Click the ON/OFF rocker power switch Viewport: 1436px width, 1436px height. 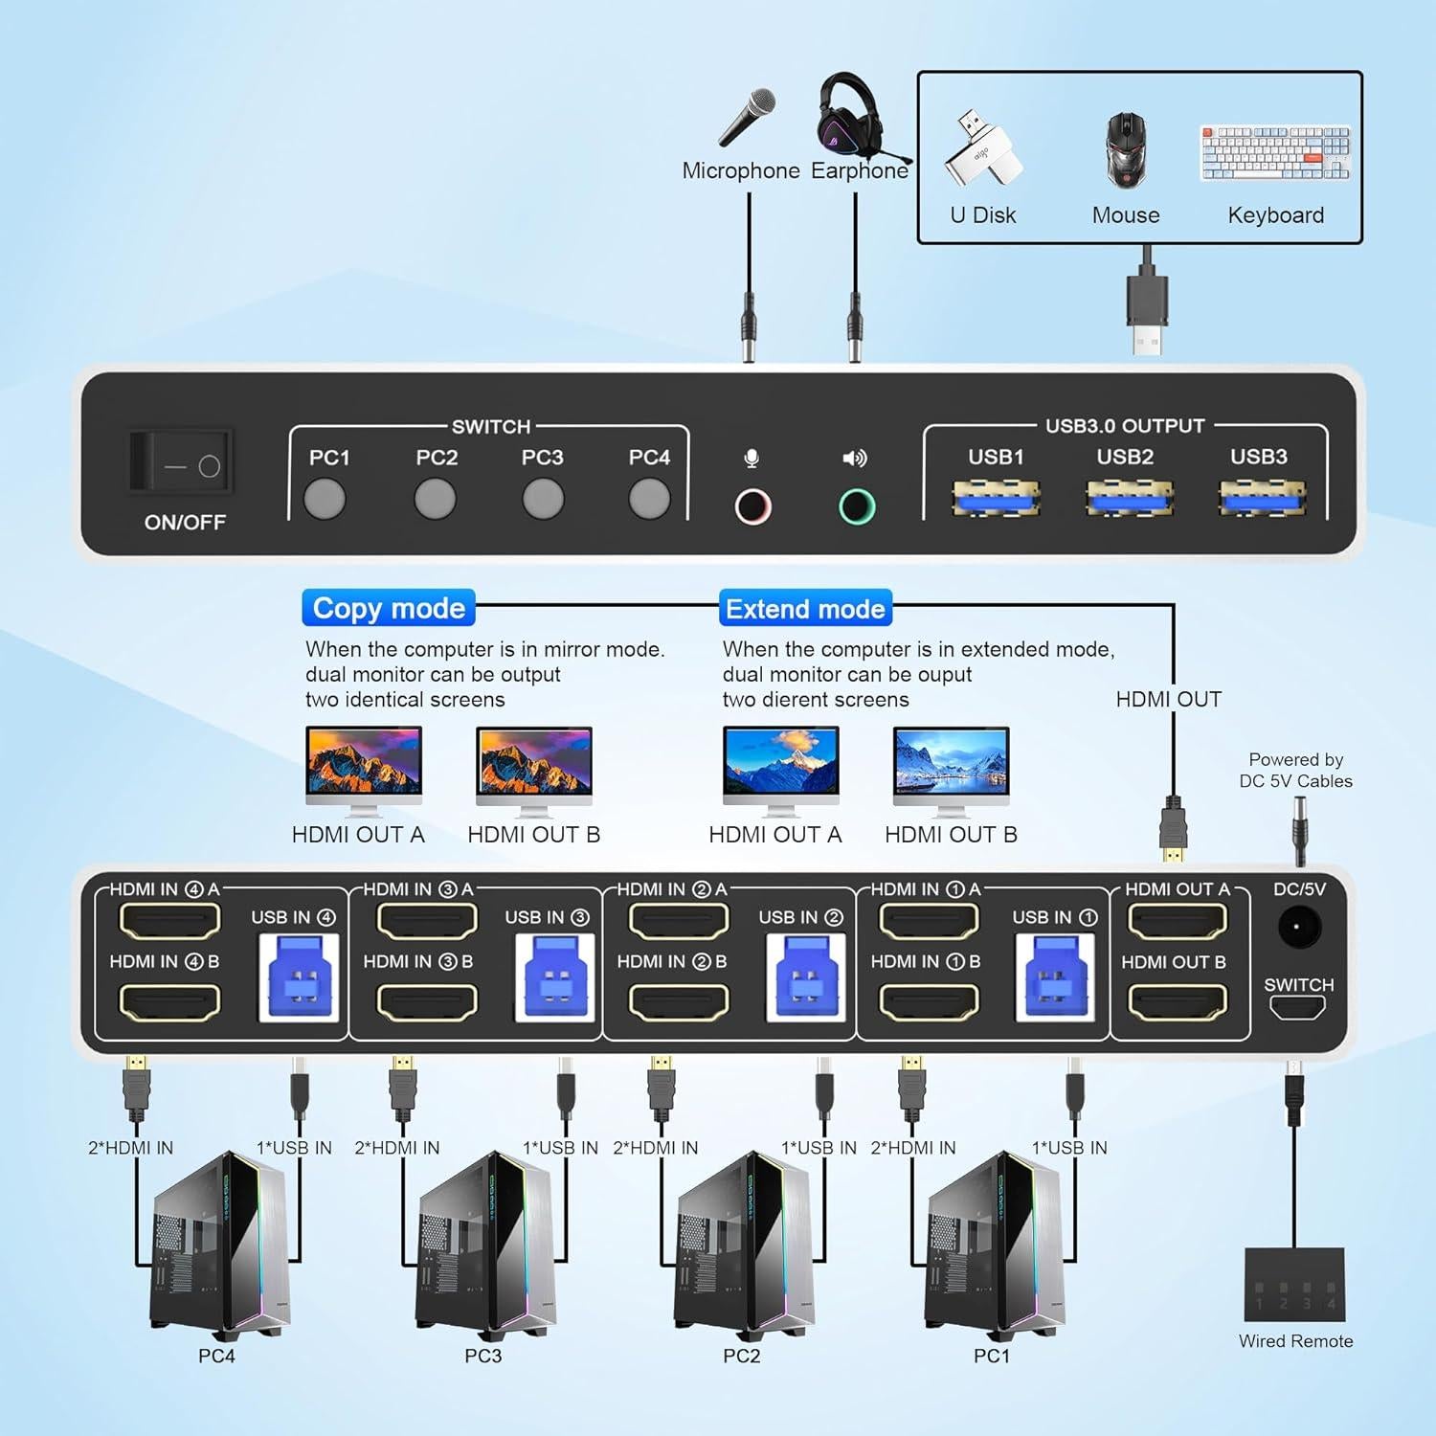pyautogui.click(x=182, y=462)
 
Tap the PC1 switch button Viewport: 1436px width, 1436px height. pyautogui.click(x=325, y=499)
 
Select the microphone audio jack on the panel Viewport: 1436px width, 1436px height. pyautogui.click(x=752, y=506)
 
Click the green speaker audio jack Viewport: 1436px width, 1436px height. pyautogui.click(x=857, y=506)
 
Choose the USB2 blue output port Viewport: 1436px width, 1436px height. pyautogui.click(x=1128, y=499)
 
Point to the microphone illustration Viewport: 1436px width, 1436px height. pyautogui.click(x=747, y=119)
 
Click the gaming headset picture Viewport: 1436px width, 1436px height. pyautogui.click(x=855, y=117)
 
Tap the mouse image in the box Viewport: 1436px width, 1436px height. pyautogui.click(x=1126, y=149)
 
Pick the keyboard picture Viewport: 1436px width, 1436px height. pyautogui.click(x=1275, y=152)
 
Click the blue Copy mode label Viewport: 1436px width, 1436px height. pyautogui.click(x=389, y=609)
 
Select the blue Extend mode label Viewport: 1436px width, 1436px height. pyautogui.click(x=805, y=609)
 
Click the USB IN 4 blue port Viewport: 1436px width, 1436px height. pyautogui.click(x=299, y=976)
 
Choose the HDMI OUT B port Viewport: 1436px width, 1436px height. pyautogui.click(x=1178, y=1002)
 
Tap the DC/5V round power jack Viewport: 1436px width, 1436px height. pyautogui.click(x=1299, y=927)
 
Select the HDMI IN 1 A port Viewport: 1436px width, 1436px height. pyautogui.click(x=929, y=921)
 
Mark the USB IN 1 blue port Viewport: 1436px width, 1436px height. pyautogui.click(x=1054, y=976)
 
